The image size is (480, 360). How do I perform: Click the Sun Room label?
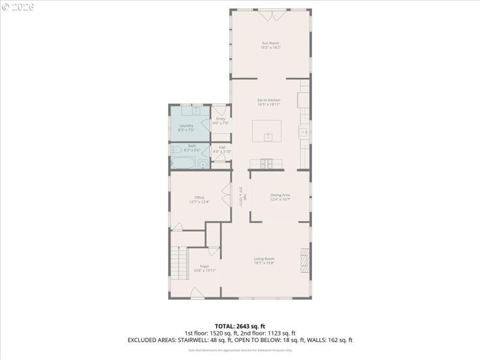[x=270, y=43]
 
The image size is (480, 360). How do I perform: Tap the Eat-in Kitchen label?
[x=269, y=100]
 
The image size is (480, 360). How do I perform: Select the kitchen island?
[x=267, y=131]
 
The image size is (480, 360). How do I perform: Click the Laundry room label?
[x=186, y=125]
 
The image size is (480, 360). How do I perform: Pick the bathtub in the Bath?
[x=183, y=163]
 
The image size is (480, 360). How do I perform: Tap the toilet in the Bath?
[x=176, y=150]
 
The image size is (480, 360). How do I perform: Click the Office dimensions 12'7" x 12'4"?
[x=199, y=202]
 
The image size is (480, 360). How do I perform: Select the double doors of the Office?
[x=226, y=197]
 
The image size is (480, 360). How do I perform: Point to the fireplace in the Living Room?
[x=305, y=261]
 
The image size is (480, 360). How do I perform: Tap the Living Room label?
[x=264, y=259]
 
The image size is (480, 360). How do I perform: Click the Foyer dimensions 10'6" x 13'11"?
[x=205, y=271]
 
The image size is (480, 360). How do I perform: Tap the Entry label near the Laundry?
[x=221, y=119]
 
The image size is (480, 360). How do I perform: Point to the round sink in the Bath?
[x=203, y=163]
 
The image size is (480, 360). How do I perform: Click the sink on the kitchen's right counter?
[x=305, y=132]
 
